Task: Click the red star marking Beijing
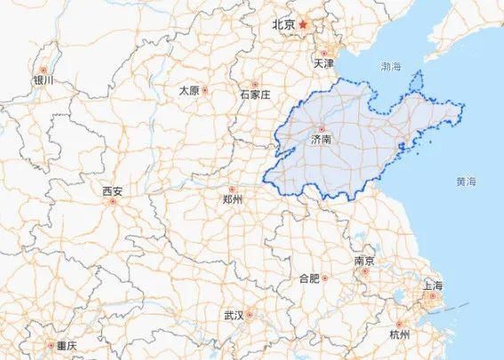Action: [303, 24]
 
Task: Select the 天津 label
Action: [324, 65]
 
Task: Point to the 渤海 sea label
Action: [391, 67]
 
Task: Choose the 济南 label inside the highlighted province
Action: [321, 140]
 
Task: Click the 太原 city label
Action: [188, 91]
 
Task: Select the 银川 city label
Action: [43, 80]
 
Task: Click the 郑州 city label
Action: [233, 200]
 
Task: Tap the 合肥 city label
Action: [308, 278]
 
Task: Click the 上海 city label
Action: [433, 285]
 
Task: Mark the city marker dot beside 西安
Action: [113, 202]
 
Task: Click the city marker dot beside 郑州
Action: [233, 188]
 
